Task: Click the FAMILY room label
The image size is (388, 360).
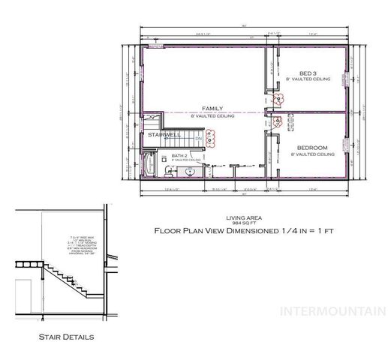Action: click(x=212, y=109)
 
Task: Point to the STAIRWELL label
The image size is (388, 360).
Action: click(x=164, y=134)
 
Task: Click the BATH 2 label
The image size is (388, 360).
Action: click(x=179, y=155)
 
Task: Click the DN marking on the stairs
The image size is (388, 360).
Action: click(x=198, y=138)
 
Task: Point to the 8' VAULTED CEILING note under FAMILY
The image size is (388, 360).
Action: click(x=212, y=116)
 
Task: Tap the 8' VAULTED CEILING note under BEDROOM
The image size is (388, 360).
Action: click(x=311, y=154)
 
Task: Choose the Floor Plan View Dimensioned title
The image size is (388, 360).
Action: click(x=243, y=231)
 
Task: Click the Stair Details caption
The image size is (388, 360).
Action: click(x=66, y=337)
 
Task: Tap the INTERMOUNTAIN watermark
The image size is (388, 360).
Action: click(x=332, y=311)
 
